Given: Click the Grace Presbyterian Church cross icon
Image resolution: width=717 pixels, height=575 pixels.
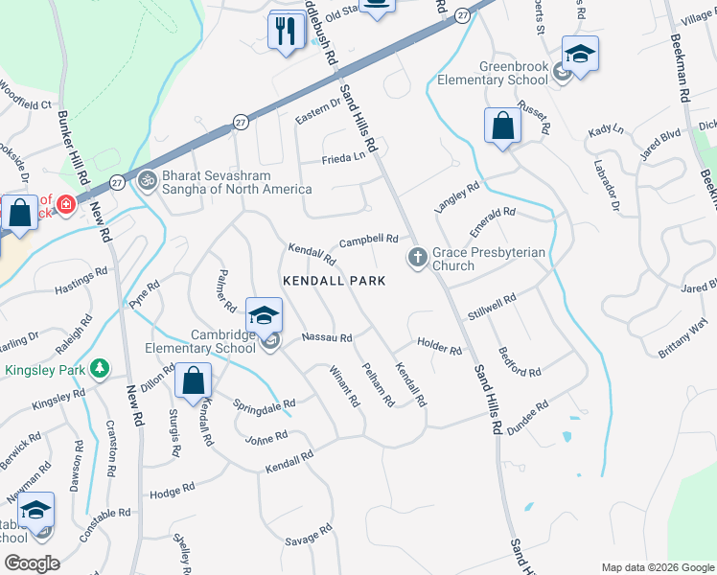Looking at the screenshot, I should (x=417, y=257).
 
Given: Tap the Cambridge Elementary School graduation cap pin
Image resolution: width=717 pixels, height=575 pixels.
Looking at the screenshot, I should (x=264, y=314).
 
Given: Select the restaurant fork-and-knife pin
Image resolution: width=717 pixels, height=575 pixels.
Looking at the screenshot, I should (x=286, y=32).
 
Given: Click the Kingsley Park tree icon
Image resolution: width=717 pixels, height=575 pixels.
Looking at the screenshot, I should (x=98, y=369).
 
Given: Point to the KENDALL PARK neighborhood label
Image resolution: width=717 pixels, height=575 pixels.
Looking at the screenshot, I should (x=334, y=281).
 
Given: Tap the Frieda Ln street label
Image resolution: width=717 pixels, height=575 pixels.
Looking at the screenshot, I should (x=344, y=157).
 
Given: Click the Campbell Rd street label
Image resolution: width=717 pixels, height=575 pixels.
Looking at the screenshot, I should (x=368, y=239).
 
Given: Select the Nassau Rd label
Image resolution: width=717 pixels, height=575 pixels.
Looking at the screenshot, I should (x=327, y=338).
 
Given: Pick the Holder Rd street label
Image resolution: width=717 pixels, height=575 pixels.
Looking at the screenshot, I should (x=440, y=346).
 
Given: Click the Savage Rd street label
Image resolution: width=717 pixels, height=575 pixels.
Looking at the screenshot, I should (x=309, y=536).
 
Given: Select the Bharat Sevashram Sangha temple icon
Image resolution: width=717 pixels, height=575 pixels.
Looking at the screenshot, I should (x=147, y=179).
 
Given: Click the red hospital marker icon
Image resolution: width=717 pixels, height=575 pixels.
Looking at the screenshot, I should (x=65, y=205).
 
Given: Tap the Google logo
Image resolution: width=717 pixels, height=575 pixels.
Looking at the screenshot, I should (x=31, y=563).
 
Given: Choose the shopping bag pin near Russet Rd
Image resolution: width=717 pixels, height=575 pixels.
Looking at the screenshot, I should (x=502, y=126).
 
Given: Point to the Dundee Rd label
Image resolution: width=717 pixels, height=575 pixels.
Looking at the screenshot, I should (x=527, y=420).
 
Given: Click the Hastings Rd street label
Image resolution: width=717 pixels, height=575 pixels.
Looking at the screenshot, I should (x=81, y=281).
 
